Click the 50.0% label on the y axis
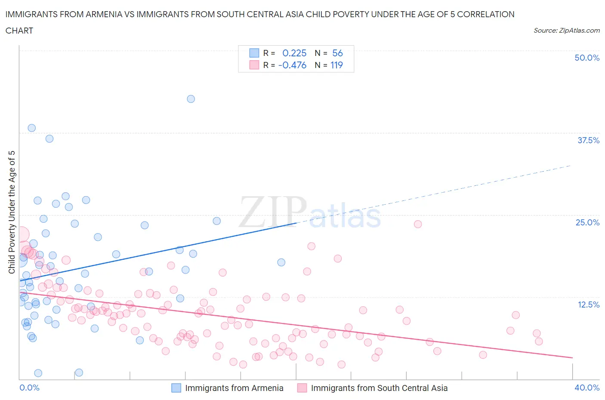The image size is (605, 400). [x=586, y=58]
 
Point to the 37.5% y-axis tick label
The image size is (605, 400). [x=588, y=140]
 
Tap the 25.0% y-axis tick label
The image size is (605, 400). [x=587, y=222]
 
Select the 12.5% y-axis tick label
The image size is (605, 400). [x=588, y=305]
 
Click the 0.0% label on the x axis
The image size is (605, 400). [x=29, y=388]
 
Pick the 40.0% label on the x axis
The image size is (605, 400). [x=587, y=388]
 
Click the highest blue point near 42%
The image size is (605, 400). [x=191, y=99]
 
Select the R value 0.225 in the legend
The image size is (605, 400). [x=294, y=53]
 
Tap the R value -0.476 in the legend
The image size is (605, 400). [x=293, y=65]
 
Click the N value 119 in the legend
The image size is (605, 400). [x=336, y=65]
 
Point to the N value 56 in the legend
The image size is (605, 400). [x=337, y=53]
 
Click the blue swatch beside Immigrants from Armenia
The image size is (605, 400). [x=176, y=388]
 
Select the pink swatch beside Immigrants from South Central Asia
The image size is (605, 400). [x=302, y=388]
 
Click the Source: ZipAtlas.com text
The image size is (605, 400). [x=566, y=30]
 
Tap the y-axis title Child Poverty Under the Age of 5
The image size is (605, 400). [x=12, y=212]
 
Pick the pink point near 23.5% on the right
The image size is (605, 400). [x=417, y=224]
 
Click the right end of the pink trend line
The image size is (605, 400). [x=572, y=358]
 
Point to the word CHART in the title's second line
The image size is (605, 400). [x=19, y=31]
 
